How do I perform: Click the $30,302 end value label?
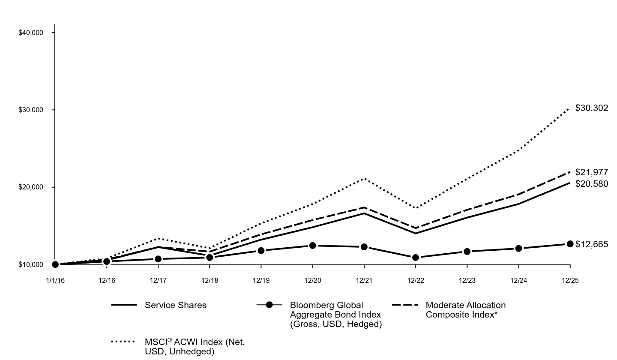[x=591, y=108]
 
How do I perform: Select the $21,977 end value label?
[x=591, y=172]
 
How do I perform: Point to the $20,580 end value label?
[x=591, y=184]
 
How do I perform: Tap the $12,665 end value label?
[x=591, y=244]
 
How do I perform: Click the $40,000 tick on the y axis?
[x=31, y=33]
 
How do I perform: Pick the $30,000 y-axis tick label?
[x=31, y=110]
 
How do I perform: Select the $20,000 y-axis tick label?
[x=31, y=187]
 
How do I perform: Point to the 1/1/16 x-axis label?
[x=55, y=281]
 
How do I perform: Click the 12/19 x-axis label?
[x=261, y=281]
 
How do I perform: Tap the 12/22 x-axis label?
[x=416, y=281]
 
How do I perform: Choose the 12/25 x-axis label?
[x=570, y=281]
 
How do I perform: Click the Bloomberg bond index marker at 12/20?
[x=313, y=246]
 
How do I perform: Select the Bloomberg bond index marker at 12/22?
[x=416, y=258]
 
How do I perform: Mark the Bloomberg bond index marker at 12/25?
[x=570, y=244]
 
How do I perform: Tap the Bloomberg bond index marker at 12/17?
[x=158, y=259]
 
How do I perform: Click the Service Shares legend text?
[x=176, y=305]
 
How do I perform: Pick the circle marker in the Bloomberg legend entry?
[x=269, y=305]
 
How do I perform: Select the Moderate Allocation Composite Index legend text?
[x=465, y=310]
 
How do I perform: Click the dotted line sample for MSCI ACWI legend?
[x=123, y=342]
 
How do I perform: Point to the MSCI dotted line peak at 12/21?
[x=364, y=179]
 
